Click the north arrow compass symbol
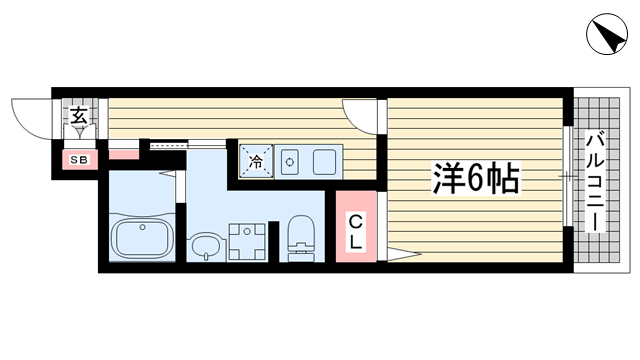pos(607,34)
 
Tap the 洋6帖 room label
pos(476,178)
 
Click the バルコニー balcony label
pos(595,182)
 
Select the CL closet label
pos(356,232)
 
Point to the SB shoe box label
pos(80,160)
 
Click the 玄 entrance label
pos(79,116)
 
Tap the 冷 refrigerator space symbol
pos(256,161)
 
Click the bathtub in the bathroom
pos(142,239)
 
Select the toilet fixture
pos(301,238)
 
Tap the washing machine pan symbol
pos(247,242)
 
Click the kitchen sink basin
pos(289,162)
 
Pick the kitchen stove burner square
pos(324,162)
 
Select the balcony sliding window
pos(567,176)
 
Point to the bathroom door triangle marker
pos(168,173)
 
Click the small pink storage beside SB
pos(124,154)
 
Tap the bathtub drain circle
pos(142,227)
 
